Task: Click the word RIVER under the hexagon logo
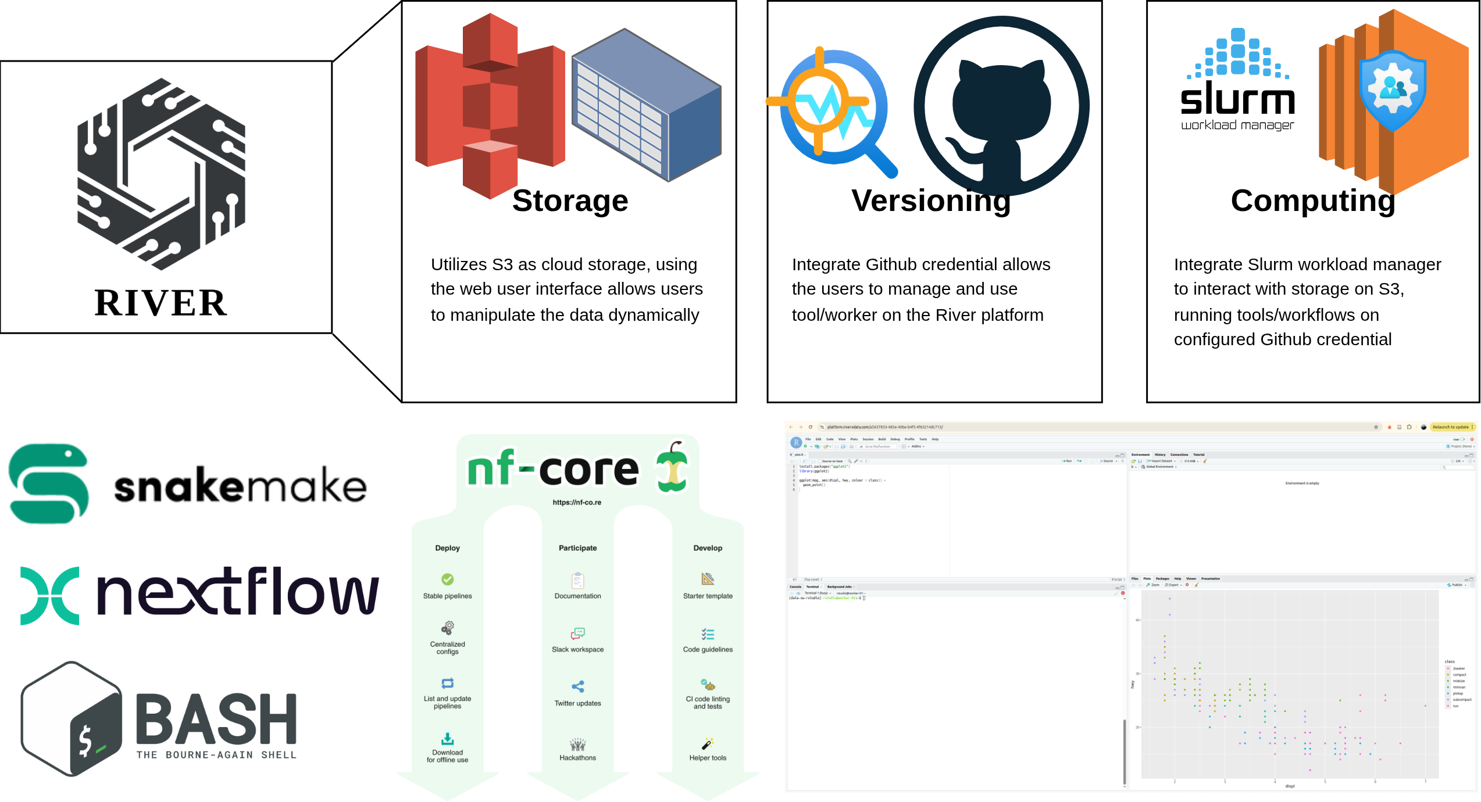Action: pyautogui.click(x=160, y=303)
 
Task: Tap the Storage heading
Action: pyautogui.click(x=570, y=201)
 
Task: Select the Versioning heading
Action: pyautogui.click(x=931, y=201)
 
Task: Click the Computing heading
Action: pyautogui.click(x=1313, y=201)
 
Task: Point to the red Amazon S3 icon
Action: pyautogui.click(x=490, y=105)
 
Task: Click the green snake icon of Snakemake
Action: pyautogui.click(x=49, y=484)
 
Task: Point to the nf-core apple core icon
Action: pyautogui.click(x=672, y=467)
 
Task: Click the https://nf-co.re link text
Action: pyautogui.click(x=577, y=502)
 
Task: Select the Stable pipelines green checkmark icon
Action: pyautogui.click(x=447, y=579)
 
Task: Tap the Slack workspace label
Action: pyautogui.click(x=577, y=649)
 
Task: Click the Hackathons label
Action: pyautogui.click(x=577, y=758)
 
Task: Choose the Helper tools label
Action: pyautogui.click(x=708, y=758)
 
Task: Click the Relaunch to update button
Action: pyautogui.click(x=1451, y=427)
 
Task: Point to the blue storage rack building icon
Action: pyautogui.click(x=647, y=105)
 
